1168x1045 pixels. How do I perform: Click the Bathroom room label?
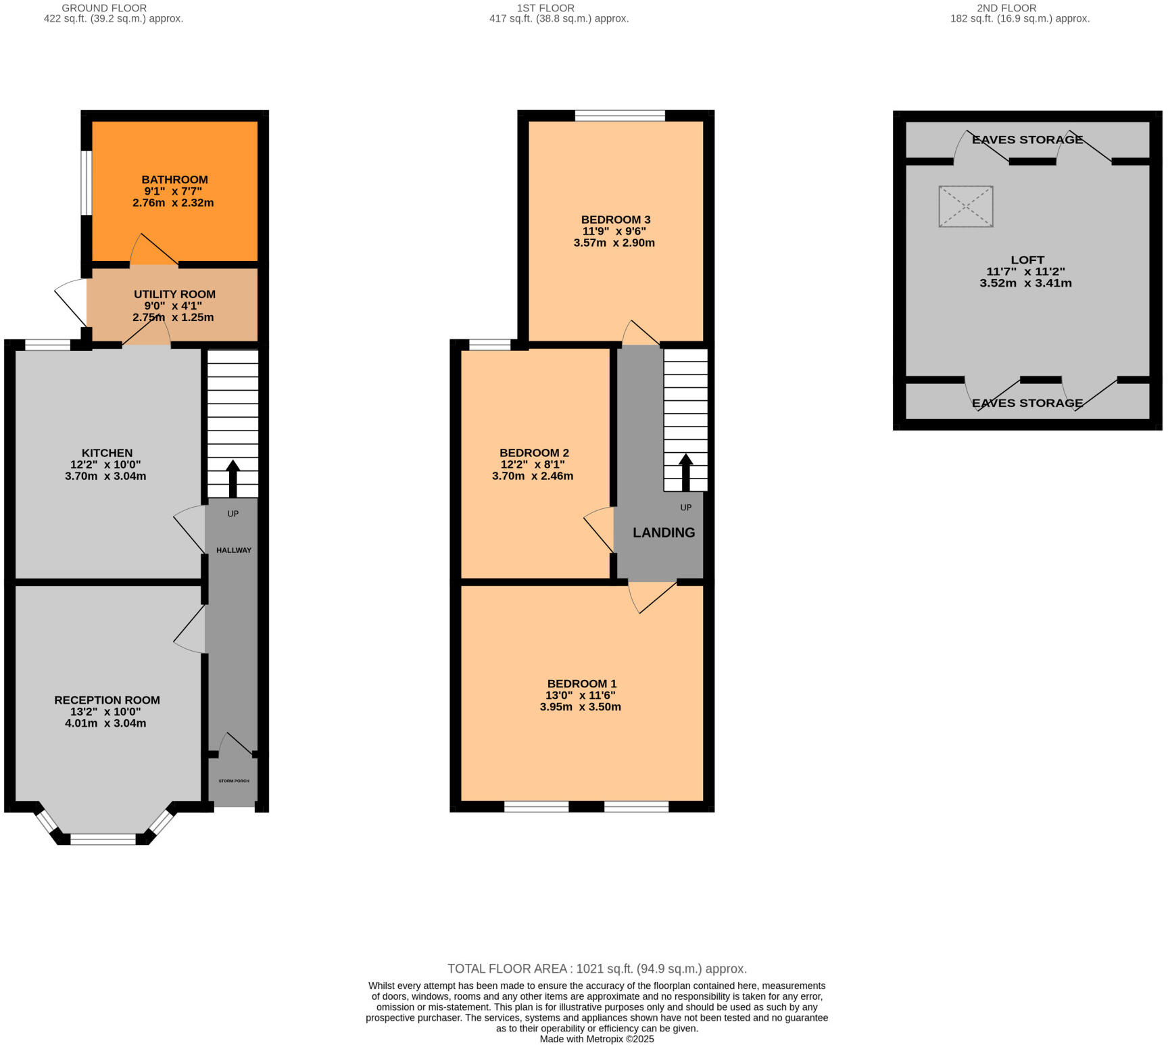[x=174, y=180]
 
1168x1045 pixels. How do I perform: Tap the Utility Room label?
[x=174, y=295]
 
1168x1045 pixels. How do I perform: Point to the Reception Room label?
[x=107, y=700]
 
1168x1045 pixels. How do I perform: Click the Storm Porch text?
[x=234, y=781]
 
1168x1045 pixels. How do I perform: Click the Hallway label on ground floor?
[x=234, y=550]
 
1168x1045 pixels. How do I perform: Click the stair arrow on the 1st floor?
[x=685, y=471]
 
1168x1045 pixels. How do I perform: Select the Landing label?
[x=664, y=533]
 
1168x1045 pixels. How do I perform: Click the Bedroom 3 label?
[x=616, y=220]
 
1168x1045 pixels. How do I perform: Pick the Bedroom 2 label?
[x=534, y=453]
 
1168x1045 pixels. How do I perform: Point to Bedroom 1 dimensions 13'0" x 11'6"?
[x=581, y=696]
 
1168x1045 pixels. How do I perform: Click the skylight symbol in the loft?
[x=966, y=206]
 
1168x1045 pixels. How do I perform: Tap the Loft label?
[x=1027, y=260]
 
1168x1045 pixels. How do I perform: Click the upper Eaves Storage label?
[x=1027, y=140]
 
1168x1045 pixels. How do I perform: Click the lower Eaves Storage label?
[x=1027, y=404]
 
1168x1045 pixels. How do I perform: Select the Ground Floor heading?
[x=104, y=8]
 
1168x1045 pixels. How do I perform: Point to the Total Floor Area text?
[x=597, y=969]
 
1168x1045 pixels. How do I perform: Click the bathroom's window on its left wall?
[x=87, y=183]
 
